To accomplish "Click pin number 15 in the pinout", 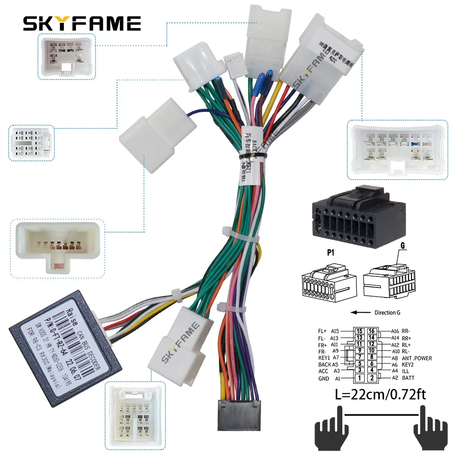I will point(360,331).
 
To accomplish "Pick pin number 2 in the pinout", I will point(372,378).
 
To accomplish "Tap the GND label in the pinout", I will point(324,378).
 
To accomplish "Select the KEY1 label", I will point(325,358).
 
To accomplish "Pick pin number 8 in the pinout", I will point(372,358).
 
